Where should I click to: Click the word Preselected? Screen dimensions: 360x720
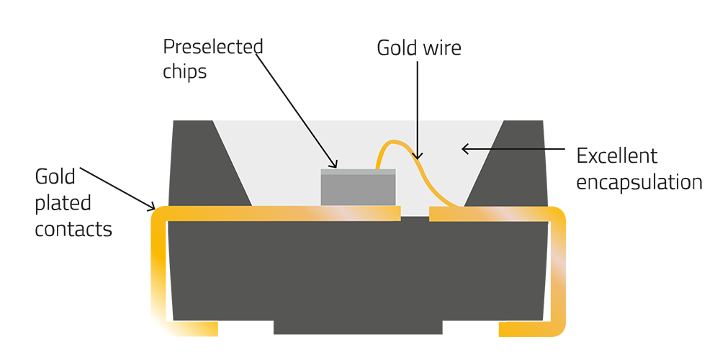pyautogui.click(x=212, y=48)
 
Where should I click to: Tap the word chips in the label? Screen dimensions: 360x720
pyautogui.click(x=184, y=72)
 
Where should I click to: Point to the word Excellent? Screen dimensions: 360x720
pyautogui.click(x=617, y=156)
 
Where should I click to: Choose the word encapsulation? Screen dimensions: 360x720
pyautogui.click(x=639, y=182)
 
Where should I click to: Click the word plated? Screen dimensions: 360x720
pyautogui.click(x=63, y=203)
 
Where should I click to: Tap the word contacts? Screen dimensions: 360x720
pyautogui.click(x=73, y=229)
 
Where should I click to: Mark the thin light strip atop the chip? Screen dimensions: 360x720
pyautogui.click(x=358, y=171)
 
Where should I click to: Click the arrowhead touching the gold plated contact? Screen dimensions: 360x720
pyautogui.click(x=153, y=209)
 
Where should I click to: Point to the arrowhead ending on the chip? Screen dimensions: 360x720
pyautogui.click(x=334, y=165)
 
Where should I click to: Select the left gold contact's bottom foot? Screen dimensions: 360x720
pyautogui.click(x=194, y=329)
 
